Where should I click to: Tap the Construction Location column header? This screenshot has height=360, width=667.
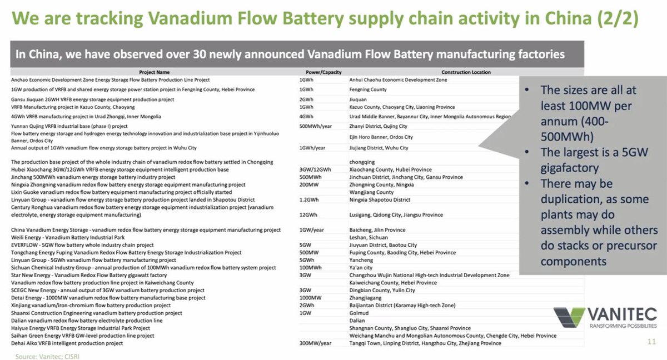pyautogui.click(x=466, y=72)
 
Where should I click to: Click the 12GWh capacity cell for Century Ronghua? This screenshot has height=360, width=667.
pyautogui.click(x=308, y=215)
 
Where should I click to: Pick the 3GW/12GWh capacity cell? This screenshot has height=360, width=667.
pyautogui.click(x=315, y=169)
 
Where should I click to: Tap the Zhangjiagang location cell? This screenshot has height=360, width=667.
pyautogui.click(x=361, y=298)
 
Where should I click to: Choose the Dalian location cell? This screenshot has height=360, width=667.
pyautogui.click(x=350, y=321)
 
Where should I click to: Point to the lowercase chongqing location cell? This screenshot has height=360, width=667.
pyautogui.click(x=356, y=162)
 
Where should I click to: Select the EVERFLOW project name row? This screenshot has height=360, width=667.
pyautogui.click(x=82, y=245)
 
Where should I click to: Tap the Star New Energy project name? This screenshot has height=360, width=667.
pyautogui.click(x=89, y=275)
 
